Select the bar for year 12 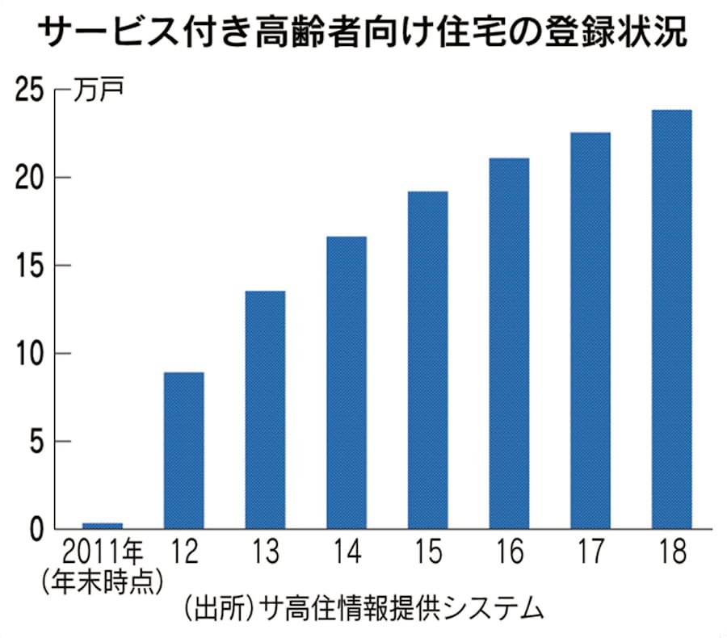point(183,451)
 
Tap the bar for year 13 point(265,409)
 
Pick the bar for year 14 point(347,383)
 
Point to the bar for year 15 point(427,360)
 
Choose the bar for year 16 point(509,343)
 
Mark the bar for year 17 point(590,330)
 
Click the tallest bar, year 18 point(672,319)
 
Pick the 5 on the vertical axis point(36,442)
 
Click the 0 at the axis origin point(36,530)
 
